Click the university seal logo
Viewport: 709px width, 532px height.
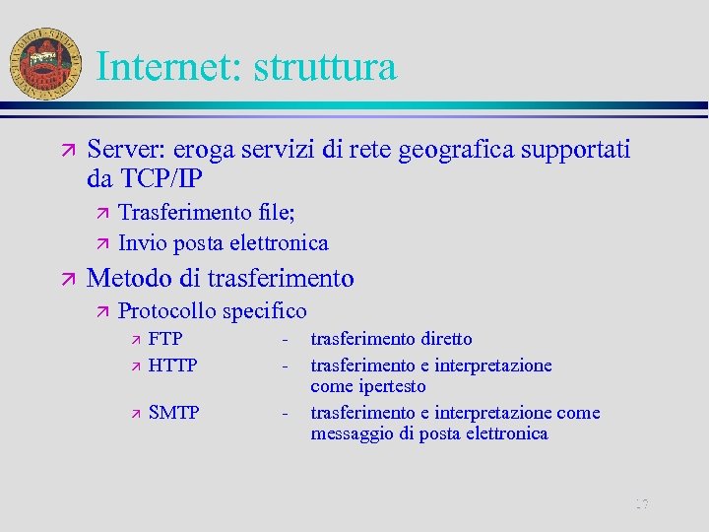(44, 61)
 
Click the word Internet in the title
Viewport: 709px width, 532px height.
(168, 67)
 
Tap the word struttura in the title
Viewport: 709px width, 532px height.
(325, 67)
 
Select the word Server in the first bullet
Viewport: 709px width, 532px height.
(126, 150)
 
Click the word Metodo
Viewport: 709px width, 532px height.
(127, 279)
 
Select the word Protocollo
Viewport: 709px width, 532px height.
(166, 311)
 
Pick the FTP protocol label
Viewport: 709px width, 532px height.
(165, 339)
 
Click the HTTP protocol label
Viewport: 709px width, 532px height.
(172, 366)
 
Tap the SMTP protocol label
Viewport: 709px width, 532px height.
(173, 413)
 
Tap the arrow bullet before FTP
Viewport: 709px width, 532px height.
(136, 340)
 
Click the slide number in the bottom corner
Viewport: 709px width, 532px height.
(642, 505)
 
